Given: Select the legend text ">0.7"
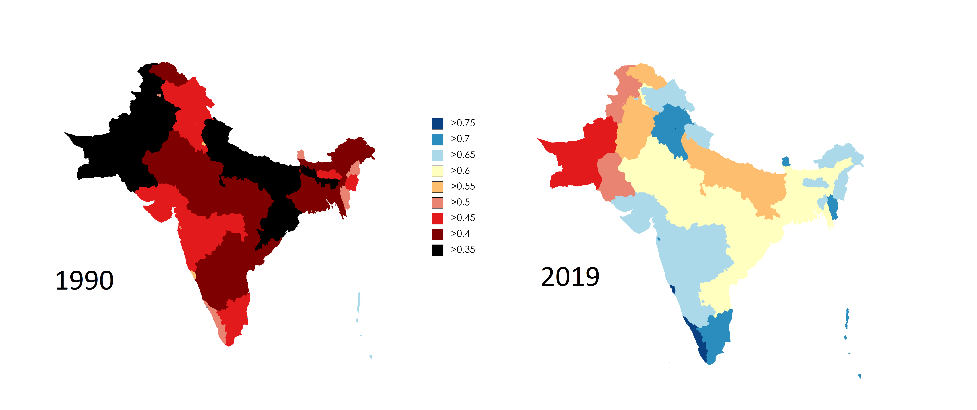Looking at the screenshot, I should point(460,139).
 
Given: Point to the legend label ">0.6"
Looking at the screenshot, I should point(460,171).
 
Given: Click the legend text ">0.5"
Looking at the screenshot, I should point(460,202).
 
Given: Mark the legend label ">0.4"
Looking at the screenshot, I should point(460,234).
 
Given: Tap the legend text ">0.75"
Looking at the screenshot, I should point(463,123).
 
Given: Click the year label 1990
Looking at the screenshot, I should point(84,281).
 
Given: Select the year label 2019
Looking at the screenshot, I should point(570,277).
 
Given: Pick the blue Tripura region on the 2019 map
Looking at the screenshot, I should point(833,207).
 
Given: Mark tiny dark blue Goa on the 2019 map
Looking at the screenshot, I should point(673,289).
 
